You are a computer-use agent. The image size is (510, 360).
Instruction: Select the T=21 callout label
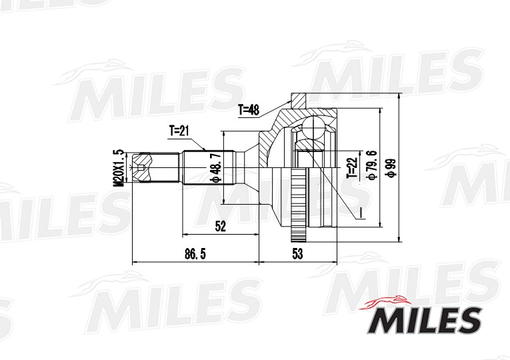click(x=179, y=130)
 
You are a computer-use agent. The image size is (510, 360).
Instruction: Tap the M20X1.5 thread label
click(x=118, y=167)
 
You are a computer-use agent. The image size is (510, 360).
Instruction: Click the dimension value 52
click(x=221, y=227)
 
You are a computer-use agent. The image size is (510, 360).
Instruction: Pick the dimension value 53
click(x=297, y=254)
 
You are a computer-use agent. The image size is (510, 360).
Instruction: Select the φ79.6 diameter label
click(x=371, y=166)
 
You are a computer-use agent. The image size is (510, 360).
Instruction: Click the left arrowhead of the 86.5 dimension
click(x=135, y=263)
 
